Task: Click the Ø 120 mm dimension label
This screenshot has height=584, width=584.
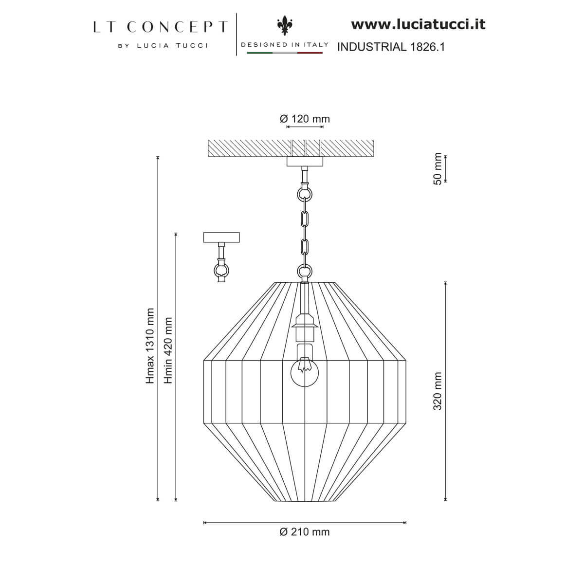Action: [x=305, y=119]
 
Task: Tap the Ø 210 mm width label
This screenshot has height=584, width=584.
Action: [x=305, y=532]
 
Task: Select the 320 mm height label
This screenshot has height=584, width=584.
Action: [x=438, y=391]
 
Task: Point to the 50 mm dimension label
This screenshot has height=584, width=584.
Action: [x=438, y=168]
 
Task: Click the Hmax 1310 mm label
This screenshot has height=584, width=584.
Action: [x=150, y=346]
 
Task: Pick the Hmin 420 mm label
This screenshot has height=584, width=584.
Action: [x=168, y=350]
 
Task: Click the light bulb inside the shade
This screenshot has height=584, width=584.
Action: [x=304, y=372]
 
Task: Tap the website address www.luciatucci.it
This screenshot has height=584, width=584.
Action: [x=418, y=24]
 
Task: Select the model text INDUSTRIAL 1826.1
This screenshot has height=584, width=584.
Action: [x=391, y=47]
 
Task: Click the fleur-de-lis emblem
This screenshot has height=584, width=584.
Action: [x=284, y=25]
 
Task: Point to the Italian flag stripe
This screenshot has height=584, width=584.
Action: [x=285, y=53]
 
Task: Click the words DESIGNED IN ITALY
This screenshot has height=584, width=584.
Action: [x=285, y=44]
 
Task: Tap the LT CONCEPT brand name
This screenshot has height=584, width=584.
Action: [x=160, y=27]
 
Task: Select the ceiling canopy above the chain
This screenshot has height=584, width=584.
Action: [x=305, y=162]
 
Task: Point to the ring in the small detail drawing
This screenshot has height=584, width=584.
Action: [x=221, y=269]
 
